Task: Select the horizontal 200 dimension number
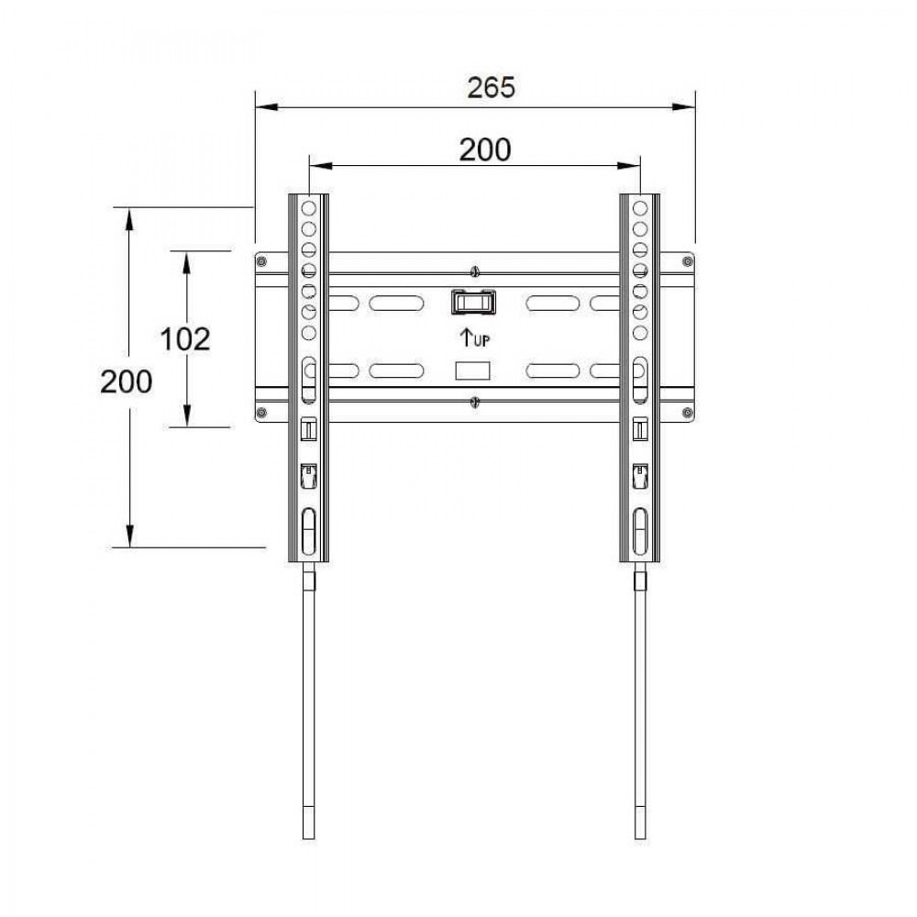click(485, 149)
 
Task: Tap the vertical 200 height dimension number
click(127, 380)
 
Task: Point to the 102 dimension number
click(185, 338)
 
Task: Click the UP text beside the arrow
click(481, 340)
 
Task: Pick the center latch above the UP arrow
click(472, 302)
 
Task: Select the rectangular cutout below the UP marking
click(472, 370)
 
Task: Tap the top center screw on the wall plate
click(474, 271)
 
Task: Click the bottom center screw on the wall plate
click(474, 402)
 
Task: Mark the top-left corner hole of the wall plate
click(262, 262)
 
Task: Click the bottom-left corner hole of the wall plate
click(262, 412)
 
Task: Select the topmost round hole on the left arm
click(308, 208)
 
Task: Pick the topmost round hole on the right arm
click(640, 208)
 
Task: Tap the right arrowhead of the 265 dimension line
click(687, 107)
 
